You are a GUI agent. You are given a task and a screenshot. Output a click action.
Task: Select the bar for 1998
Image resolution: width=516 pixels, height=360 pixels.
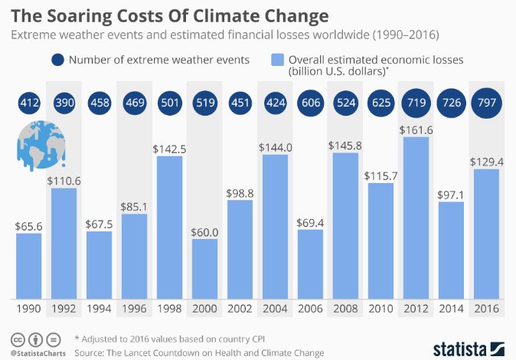point(170,227)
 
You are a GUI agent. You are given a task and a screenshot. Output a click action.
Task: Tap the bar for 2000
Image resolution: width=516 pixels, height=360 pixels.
point(205,268)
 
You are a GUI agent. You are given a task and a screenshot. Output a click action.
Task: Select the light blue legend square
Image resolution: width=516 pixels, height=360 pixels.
point(276,61)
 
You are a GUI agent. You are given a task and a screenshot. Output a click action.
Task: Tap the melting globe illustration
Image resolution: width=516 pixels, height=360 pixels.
point(40,144)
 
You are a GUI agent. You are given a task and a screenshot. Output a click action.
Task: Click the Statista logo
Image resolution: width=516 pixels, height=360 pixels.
point(463,346)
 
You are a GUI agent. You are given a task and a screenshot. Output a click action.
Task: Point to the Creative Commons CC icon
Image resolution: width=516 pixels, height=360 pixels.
point(17,339)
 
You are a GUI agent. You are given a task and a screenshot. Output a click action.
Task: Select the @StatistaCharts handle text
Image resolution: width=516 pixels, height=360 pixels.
point(37,353)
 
